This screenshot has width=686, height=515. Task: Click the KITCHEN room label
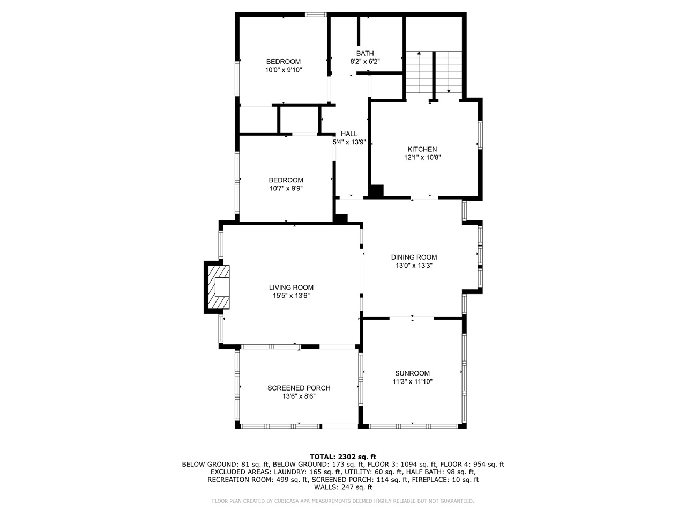pyautogui.click(x=422, y=149)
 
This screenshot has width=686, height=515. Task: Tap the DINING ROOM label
pyautogui.click(x=414, y=257)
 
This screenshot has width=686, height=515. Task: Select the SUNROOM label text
pyautogui.click(x=412, y=373)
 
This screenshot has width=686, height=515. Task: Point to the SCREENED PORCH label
pyautogui.click(x=299, y=388)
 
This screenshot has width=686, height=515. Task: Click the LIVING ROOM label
pyautogui.click(x=291, y=287)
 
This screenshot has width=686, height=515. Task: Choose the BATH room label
pyautogui.click(x=365, y=53)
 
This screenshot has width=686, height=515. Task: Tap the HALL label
pyautogui.click(x=349, y=134)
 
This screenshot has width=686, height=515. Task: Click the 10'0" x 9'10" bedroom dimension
pyautogui.click(x=284, y=70)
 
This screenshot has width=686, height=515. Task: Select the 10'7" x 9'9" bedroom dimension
pyautogui.click(x=286, y=188)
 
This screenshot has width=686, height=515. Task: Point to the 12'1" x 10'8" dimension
pyautogui.click(x=422, y=158)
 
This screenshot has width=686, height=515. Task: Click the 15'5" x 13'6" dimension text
pyautogui.click(x=291, y=296)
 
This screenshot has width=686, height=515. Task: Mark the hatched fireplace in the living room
pyautogui.click(x=217, y=287)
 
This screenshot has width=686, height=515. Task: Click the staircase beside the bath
pyautogui.click(x=433, y=72)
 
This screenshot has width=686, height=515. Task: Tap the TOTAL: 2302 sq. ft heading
pyautogui.click(x=343, y=457)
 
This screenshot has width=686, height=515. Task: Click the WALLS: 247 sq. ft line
pyautogui.click(x=343, y=487)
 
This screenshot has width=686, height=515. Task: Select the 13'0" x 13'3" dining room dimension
pyautogui.click(x=414, y=266)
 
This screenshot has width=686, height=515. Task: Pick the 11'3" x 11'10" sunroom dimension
pyautogui.click(x=412, y=382)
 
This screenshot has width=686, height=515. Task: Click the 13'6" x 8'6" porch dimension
pyautogui.click(x=299, y=396)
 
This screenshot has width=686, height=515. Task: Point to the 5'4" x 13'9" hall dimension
pyautogui.click(x=349, y=142)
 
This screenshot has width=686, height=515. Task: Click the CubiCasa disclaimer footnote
pyautogui.click(x=343, y=501)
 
